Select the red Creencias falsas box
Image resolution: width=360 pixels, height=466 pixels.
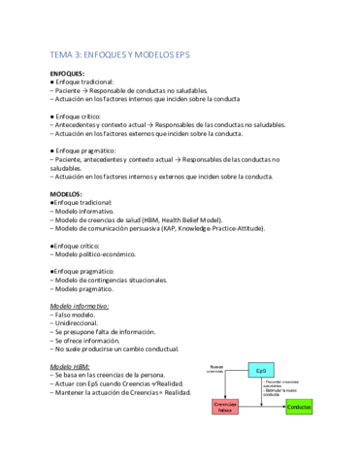point(225,407)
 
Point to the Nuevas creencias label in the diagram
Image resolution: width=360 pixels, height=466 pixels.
point(216,369)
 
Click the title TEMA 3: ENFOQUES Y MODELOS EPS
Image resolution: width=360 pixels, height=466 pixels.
point(125,56)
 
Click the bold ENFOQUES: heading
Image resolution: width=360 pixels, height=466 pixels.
point(69,74)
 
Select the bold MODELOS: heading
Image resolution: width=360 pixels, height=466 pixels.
point(67,193)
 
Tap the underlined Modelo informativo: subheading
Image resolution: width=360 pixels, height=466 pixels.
point(80,306)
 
